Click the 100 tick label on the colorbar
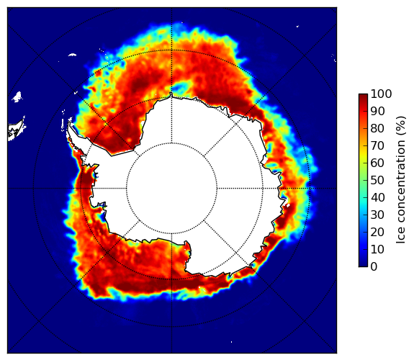point(381,94)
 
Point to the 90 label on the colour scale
point(377,111)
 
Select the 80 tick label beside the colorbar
point(377,128)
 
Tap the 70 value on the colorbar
point(377,145)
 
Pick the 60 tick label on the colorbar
point(377,163)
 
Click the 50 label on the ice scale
point(377,180)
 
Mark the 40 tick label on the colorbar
point(377,197)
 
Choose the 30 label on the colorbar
point(377,215)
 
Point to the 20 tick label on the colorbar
point(377,232)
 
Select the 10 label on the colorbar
point(377,249)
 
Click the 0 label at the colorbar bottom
point(374,266)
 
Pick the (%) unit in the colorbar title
point(401,126)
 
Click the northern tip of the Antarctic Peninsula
point(69,123)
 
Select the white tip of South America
point(17,130)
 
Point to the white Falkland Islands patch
point(17,96)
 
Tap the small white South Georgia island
point(72,55)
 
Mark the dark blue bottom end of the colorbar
point(363,265)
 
